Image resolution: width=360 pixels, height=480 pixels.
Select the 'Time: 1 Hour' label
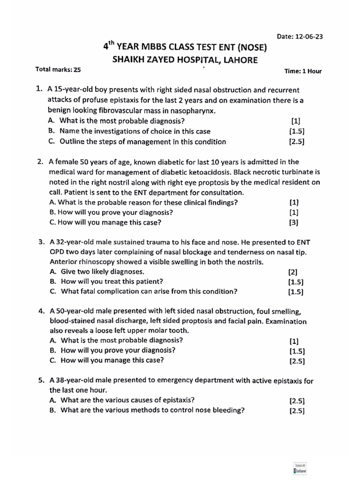pyautogui.click(x=303, y=71)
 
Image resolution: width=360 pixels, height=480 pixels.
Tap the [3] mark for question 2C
pyautogui.click(x=294, y=223)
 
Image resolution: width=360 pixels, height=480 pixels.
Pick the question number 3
pyautogui.click(x=41, y=242)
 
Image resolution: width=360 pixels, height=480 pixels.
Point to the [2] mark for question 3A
pyautogui.click(x=293, y=272)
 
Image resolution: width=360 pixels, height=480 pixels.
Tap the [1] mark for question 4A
pyautogui.click(x=294, y=341)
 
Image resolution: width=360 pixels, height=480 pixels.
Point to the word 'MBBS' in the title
pyautogui.click(x=152, y=47)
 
